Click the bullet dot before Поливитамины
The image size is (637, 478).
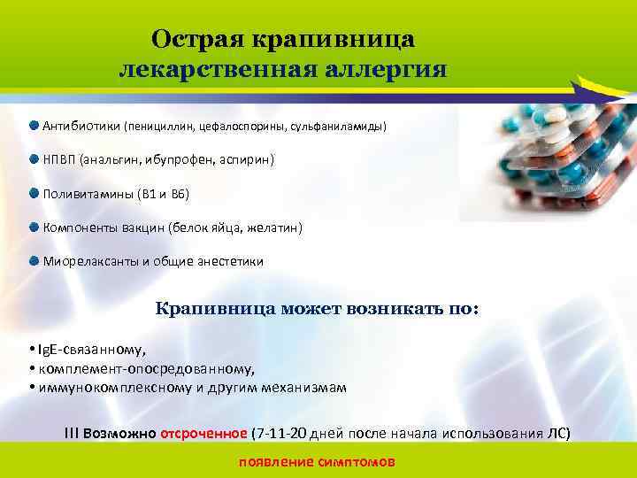(x=33, y=193)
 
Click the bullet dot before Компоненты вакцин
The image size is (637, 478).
(x=33, y=227)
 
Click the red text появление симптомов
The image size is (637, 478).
(x=317, y=463)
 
